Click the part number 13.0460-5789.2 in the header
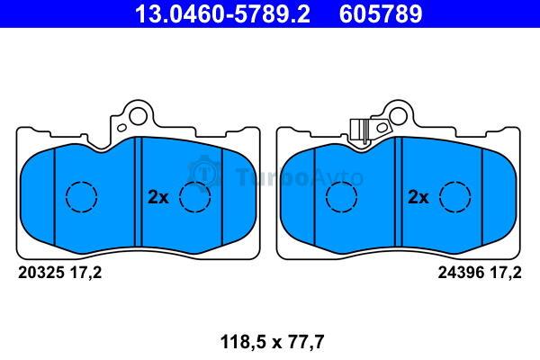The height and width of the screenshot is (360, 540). click(x=222, y=14)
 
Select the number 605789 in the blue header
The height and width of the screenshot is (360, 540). click(x=381, y=14)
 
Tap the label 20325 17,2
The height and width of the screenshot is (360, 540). click(x=60, y=273)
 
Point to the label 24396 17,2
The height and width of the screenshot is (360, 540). click(x=480, y=273)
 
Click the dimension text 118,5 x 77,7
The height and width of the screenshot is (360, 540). click(x=272, y=342)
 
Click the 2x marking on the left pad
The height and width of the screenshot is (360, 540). click(x=158, y=197)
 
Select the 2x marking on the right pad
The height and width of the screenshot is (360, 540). click(x=418, y=197)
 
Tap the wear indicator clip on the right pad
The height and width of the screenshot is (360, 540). click(x=359, y=130)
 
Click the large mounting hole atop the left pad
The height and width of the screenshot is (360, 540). click(x=139, y=116)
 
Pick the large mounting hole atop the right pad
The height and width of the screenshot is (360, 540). click(x=399, y=116)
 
